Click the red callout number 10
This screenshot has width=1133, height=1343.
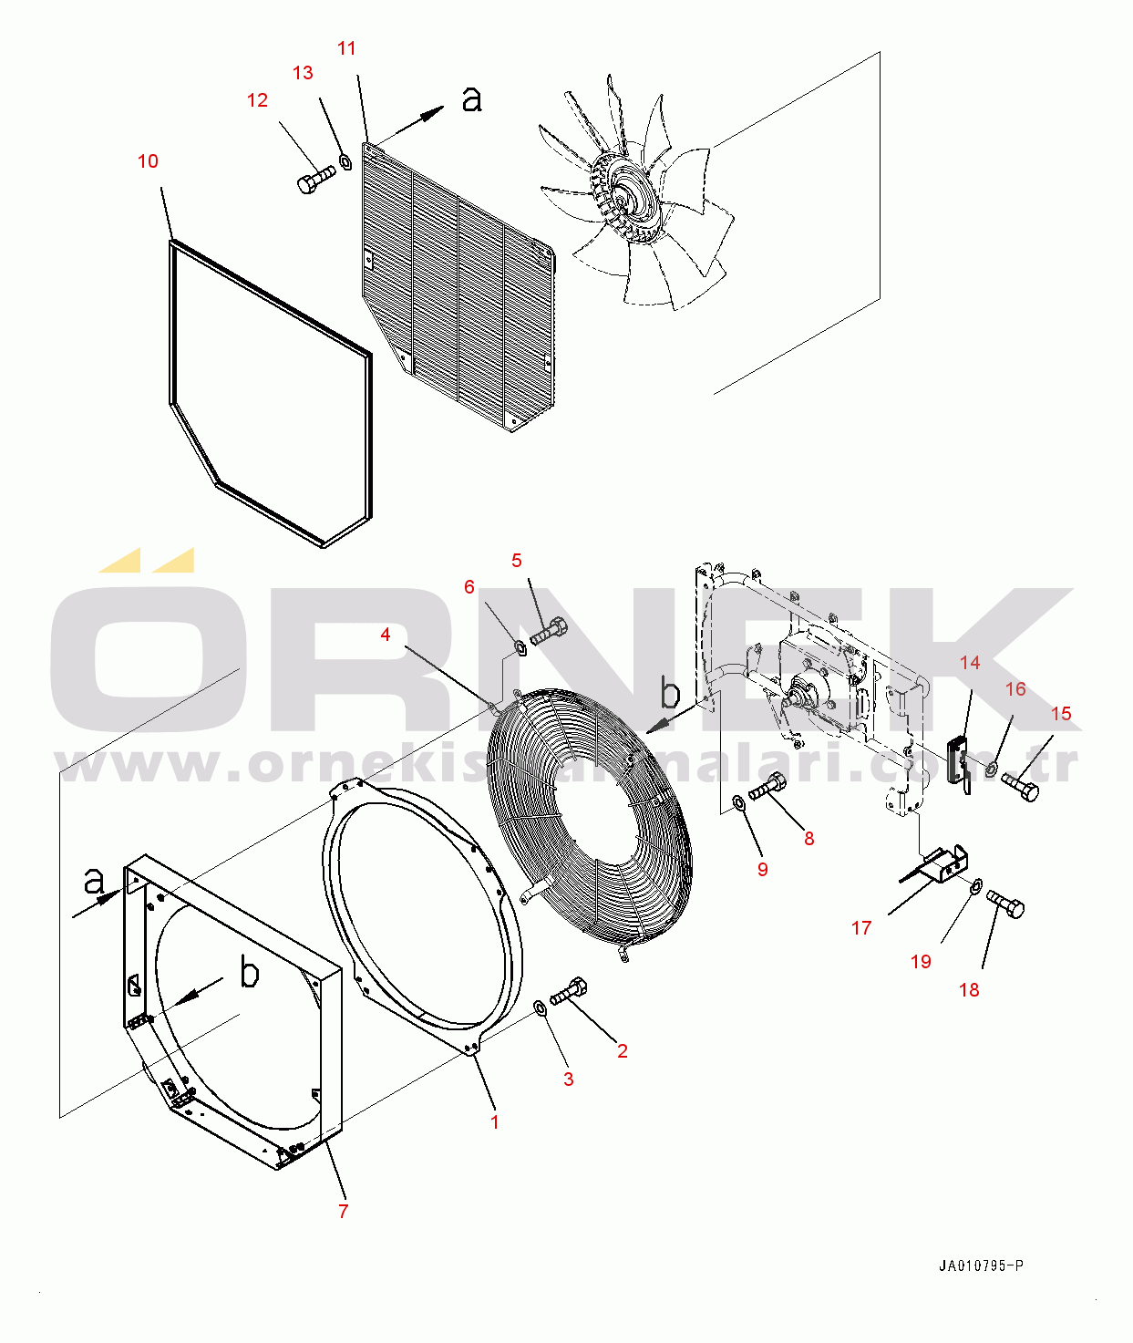click(x=148, y=161)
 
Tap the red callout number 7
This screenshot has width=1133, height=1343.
click(x=343, y=1211)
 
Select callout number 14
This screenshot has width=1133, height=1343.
click(x=970, y=663)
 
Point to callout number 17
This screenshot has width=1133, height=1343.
click(x=861, y=927)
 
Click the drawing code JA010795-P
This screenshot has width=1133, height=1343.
click(x=981, y=1266)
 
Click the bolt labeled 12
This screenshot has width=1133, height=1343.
click(x=315, y=179)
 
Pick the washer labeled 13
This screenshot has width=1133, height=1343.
click(x=345, y=161)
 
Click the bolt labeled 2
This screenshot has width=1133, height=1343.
click(x=569, y=991)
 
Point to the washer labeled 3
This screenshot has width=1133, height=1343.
click(x=539, y=1007)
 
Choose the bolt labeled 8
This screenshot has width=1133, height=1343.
click(x=767, y=786)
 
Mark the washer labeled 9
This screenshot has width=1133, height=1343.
click(x=737, y=802)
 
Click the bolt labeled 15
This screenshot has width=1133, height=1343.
click(x=1020, y=785)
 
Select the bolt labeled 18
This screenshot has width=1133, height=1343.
click(x=1005, y=904)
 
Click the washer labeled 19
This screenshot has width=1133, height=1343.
click(x=974, y=885)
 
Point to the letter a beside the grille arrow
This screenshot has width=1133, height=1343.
click(x=471, y=98)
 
